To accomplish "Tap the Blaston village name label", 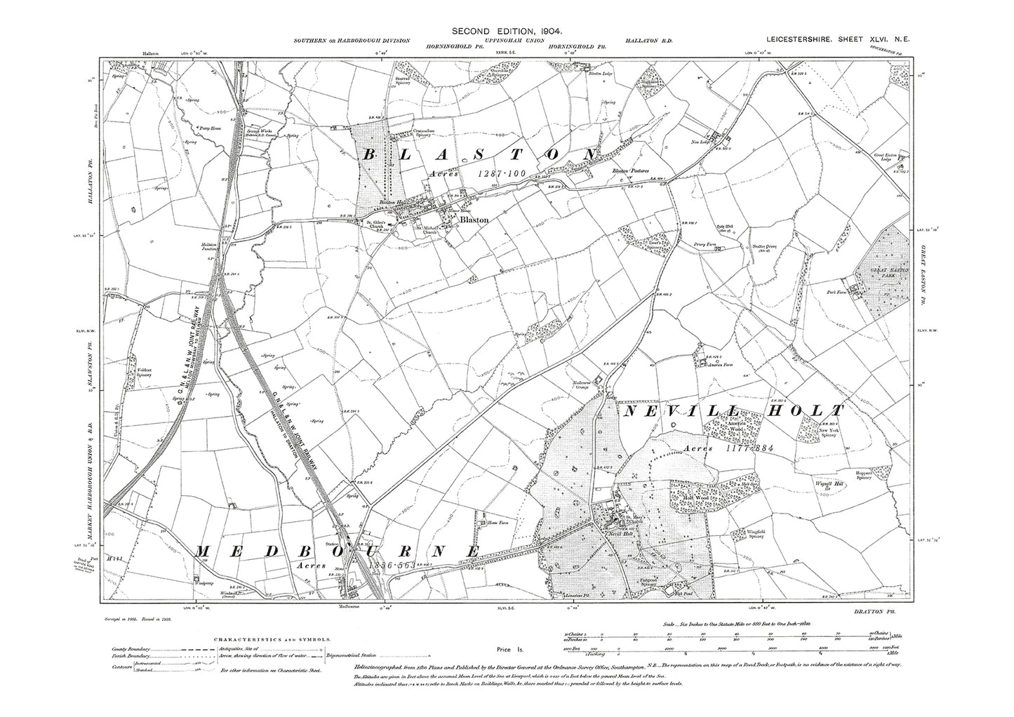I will [474, 219].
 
